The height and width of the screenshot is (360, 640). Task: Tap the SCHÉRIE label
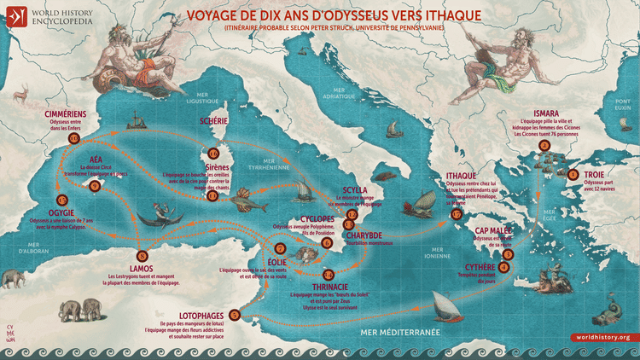coord(212,121)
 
